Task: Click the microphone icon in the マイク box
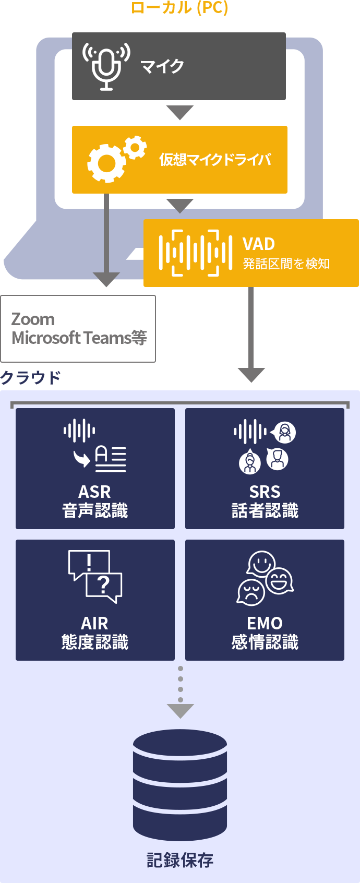106,66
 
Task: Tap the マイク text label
162,66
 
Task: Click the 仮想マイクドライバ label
215,159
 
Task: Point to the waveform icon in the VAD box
195,253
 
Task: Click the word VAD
259,244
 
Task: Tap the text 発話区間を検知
286,264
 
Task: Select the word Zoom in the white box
33,319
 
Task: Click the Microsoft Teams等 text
79,338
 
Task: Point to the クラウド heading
30,377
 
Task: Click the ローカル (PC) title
179,8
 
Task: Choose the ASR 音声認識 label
95,501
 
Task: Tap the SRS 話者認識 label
265,501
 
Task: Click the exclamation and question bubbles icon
95,576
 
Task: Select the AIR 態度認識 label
95,633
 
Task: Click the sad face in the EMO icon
251,592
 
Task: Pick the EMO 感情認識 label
265,633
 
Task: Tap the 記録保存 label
180,860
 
